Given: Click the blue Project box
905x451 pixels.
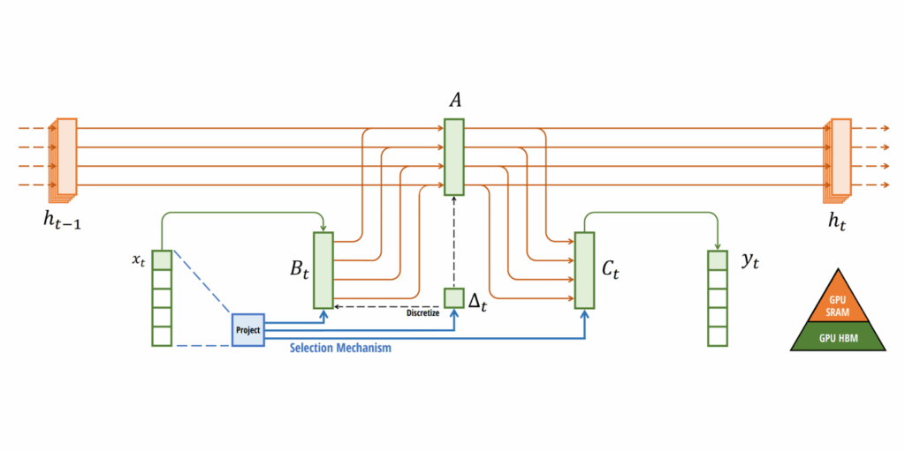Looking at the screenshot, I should pos(247,329).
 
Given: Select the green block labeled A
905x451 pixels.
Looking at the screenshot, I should pos(453,157).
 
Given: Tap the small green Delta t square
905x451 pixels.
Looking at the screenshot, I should pos(453,297).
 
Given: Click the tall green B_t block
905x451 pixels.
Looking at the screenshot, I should pos(323,269).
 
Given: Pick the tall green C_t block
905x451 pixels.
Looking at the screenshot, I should pos(584,269).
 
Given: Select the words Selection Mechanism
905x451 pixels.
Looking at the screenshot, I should pos(340,349).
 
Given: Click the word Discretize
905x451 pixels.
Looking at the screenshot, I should pos(422,312).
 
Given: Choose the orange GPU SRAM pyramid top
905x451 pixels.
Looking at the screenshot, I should pos(836,299).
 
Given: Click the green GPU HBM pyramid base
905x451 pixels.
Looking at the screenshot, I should pos(836,337).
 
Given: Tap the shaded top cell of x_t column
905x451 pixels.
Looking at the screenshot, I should pos(162,259).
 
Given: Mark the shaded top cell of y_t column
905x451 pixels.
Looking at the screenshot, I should pos(717,259).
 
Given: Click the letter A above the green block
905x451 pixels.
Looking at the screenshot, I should pos(455,101).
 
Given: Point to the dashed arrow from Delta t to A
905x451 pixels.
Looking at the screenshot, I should pos(453,243).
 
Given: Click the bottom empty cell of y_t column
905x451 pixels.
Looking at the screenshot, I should pos(717,336).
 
